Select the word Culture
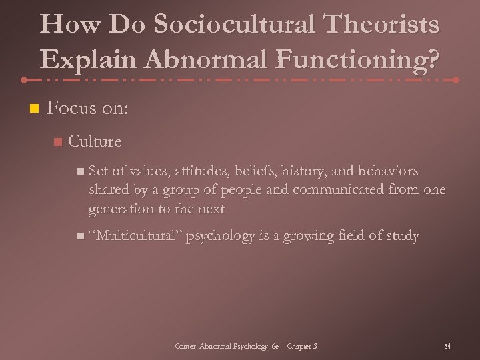[x=95, y=141]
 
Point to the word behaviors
[x=384, y=171]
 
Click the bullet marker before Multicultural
[x=80, y=237]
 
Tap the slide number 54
[x=447, y=346]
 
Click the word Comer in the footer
[x=184, y=346]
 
